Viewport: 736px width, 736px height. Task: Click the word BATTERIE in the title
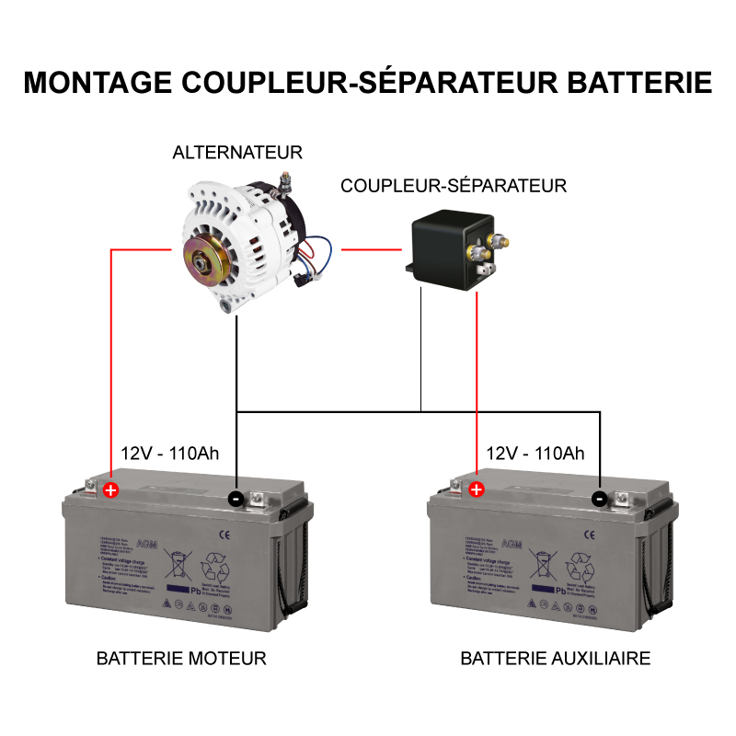click(x=636, y=82)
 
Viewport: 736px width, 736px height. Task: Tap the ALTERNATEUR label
click(x=237, y=153)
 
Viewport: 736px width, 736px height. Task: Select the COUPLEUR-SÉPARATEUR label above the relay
click(x=454, y=186)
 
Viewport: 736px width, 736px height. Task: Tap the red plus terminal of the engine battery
click(x=111, y=489)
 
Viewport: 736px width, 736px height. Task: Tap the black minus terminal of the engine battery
click(x=236, y=499)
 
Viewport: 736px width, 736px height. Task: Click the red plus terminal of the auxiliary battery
click(x=477, y=489)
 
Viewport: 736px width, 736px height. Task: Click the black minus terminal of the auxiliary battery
click(x=600, y=499)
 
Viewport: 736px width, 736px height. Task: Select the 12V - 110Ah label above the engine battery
click(x=170, y=454)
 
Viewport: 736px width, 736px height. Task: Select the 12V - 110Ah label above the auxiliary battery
click(x=535, y=454)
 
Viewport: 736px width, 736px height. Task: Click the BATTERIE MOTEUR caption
click(x=181, y=659)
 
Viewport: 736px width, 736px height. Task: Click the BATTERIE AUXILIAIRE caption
click(x=555, y=659)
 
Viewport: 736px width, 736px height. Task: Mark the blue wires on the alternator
click(x=317, y=250)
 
